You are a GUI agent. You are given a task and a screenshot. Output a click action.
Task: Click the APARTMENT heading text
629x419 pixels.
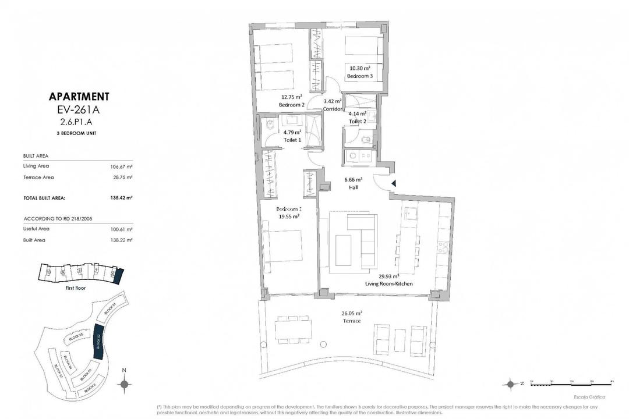click(79, 97)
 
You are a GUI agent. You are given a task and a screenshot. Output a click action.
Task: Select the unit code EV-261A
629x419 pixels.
click(79, 109)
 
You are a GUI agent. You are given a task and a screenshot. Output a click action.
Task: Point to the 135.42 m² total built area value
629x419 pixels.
click(122, 198)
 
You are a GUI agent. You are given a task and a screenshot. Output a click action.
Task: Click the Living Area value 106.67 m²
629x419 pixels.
click(122, 166)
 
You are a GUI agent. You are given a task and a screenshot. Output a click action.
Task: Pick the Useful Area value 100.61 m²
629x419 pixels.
click(122, 229)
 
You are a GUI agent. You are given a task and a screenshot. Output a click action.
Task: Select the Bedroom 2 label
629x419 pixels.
click(291, 104)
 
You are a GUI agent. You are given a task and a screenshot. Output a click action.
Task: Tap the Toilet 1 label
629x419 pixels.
click(292, 140)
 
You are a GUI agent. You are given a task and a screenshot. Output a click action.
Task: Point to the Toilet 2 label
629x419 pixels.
click(357, 121)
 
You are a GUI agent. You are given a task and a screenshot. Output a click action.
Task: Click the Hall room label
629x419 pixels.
click(353, 187)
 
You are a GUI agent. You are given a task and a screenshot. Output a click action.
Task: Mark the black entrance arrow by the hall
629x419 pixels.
click(394, 183)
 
